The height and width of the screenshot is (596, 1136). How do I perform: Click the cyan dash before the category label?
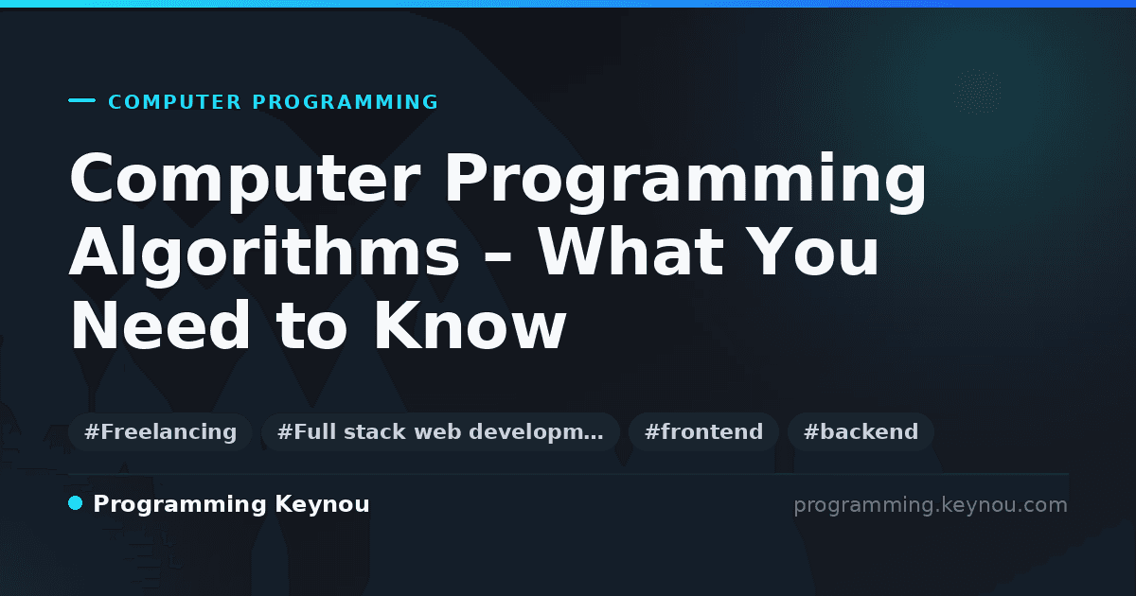(81, 100)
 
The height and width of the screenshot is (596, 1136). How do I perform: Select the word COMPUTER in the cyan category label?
(175, 102)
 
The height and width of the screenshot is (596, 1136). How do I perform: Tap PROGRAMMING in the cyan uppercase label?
(345, 102)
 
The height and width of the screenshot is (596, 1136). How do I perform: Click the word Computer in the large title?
(245, 180)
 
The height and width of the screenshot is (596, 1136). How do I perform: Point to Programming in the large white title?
(685, 181)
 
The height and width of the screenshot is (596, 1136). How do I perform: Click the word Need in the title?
(160, 325)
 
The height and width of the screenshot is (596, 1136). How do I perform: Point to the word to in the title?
(311, 327)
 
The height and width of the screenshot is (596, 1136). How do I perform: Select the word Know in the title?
(470, 325)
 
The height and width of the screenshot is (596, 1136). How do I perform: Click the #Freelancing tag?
(160, 431)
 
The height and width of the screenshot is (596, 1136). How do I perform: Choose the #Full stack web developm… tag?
(440, 431)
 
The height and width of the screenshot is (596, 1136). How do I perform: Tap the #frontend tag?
(703, 431)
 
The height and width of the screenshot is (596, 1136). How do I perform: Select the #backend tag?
(861, 431)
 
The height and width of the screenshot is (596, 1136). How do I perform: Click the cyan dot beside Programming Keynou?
(75, 503)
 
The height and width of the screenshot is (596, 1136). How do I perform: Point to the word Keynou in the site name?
(322, 505)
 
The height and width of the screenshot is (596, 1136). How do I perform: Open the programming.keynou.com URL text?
(930, 505)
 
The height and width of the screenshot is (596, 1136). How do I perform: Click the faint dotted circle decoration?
(977, 92)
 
